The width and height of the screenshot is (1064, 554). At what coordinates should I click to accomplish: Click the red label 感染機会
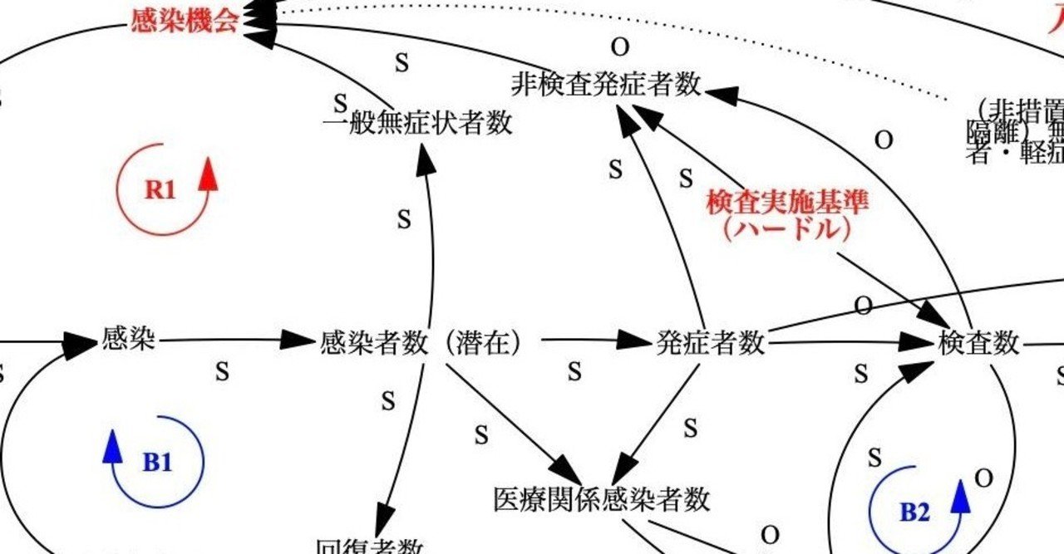(185, 20)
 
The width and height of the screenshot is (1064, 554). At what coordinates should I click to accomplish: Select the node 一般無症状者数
(416, 124)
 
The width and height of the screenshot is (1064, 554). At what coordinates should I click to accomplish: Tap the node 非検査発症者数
(606, 85)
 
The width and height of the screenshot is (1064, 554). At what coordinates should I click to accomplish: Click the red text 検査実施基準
(786, 203)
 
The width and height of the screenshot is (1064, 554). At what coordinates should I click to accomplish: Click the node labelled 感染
(128, 338)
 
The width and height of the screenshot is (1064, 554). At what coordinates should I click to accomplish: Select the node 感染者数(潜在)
(421, 342)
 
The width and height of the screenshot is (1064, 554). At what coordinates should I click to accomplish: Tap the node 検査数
(978, 342)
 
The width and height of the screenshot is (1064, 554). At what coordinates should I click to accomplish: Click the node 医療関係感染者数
(603, 499)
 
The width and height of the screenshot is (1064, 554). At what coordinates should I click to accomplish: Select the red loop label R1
(160, 189)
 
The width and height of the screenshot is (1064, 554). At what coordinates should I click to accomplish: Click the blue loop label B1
(157, 462)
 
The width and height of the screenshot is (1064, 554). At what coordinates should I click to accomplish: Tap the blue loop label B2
(914, 512)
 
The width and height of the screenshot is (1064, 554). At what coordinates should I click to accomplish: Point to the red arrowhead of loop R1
(209, 175)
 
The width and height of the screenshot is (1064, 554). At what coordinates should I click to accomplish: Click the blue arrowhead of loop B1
(112, 447)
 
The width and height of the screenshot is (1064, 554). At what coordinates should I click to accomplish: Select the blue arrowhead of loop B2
(960, 496)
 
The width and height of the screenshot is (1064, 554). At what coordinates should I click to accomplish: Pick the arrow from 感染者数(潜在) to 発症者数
(590, 340)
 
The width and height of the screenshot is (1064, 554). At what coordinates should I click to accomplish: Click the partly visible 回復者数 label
(369, 547)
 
